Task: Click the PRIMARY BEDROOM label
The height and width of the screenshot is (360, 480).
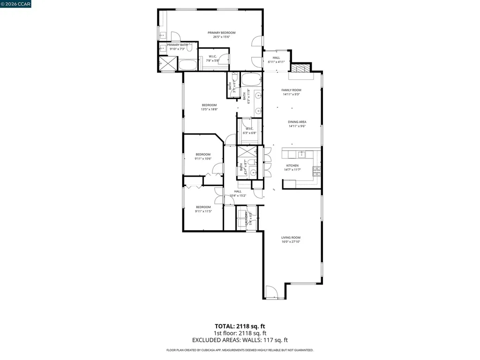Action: pyautogui.click(x=221, y=32)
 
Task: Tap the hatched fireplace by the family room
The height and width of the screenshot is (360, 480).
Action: pyautogui.click(x=300, y=68)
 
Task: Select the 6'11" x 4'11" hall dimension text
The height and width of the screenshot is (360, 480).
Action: pyautogui.click(x=276, y=62)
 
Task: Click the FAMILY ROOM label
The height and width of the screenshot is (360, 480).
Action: pyautogui.click(x=291, y=90)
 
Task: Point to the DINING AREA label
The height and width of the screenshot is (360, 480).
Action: pyautogui.click(x=297, y=122)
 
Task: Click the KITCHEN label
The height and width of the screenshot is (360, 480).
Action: pyautogui.click(x=292, y=165)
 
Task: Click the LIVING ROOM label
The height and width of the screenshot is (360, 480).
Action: pyautogui.click(x=291, y=238)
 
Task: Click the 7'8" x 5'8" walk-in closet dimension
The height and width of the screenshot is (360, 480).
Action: pyautogui.click(x=213, y=60)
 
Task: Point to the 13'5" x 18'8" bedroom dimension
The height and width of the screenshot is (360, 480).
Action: pyautogui.click(x=209, y=109)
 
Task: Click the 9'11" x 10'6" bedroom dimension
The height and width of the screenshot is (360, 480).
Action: pyautogui.click(x=203, y=159)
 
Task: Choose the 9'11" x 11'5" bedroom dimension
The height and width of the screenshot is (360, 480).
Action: pyautogui.click(x=203, y=211)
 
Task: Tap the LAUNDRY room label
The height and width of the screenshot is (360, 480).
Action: pyautogui.click(x=247, y=219)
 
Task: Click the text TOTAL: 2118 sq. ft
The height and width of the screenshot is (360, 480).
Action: pyautogui.click(x=240, y=326)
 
